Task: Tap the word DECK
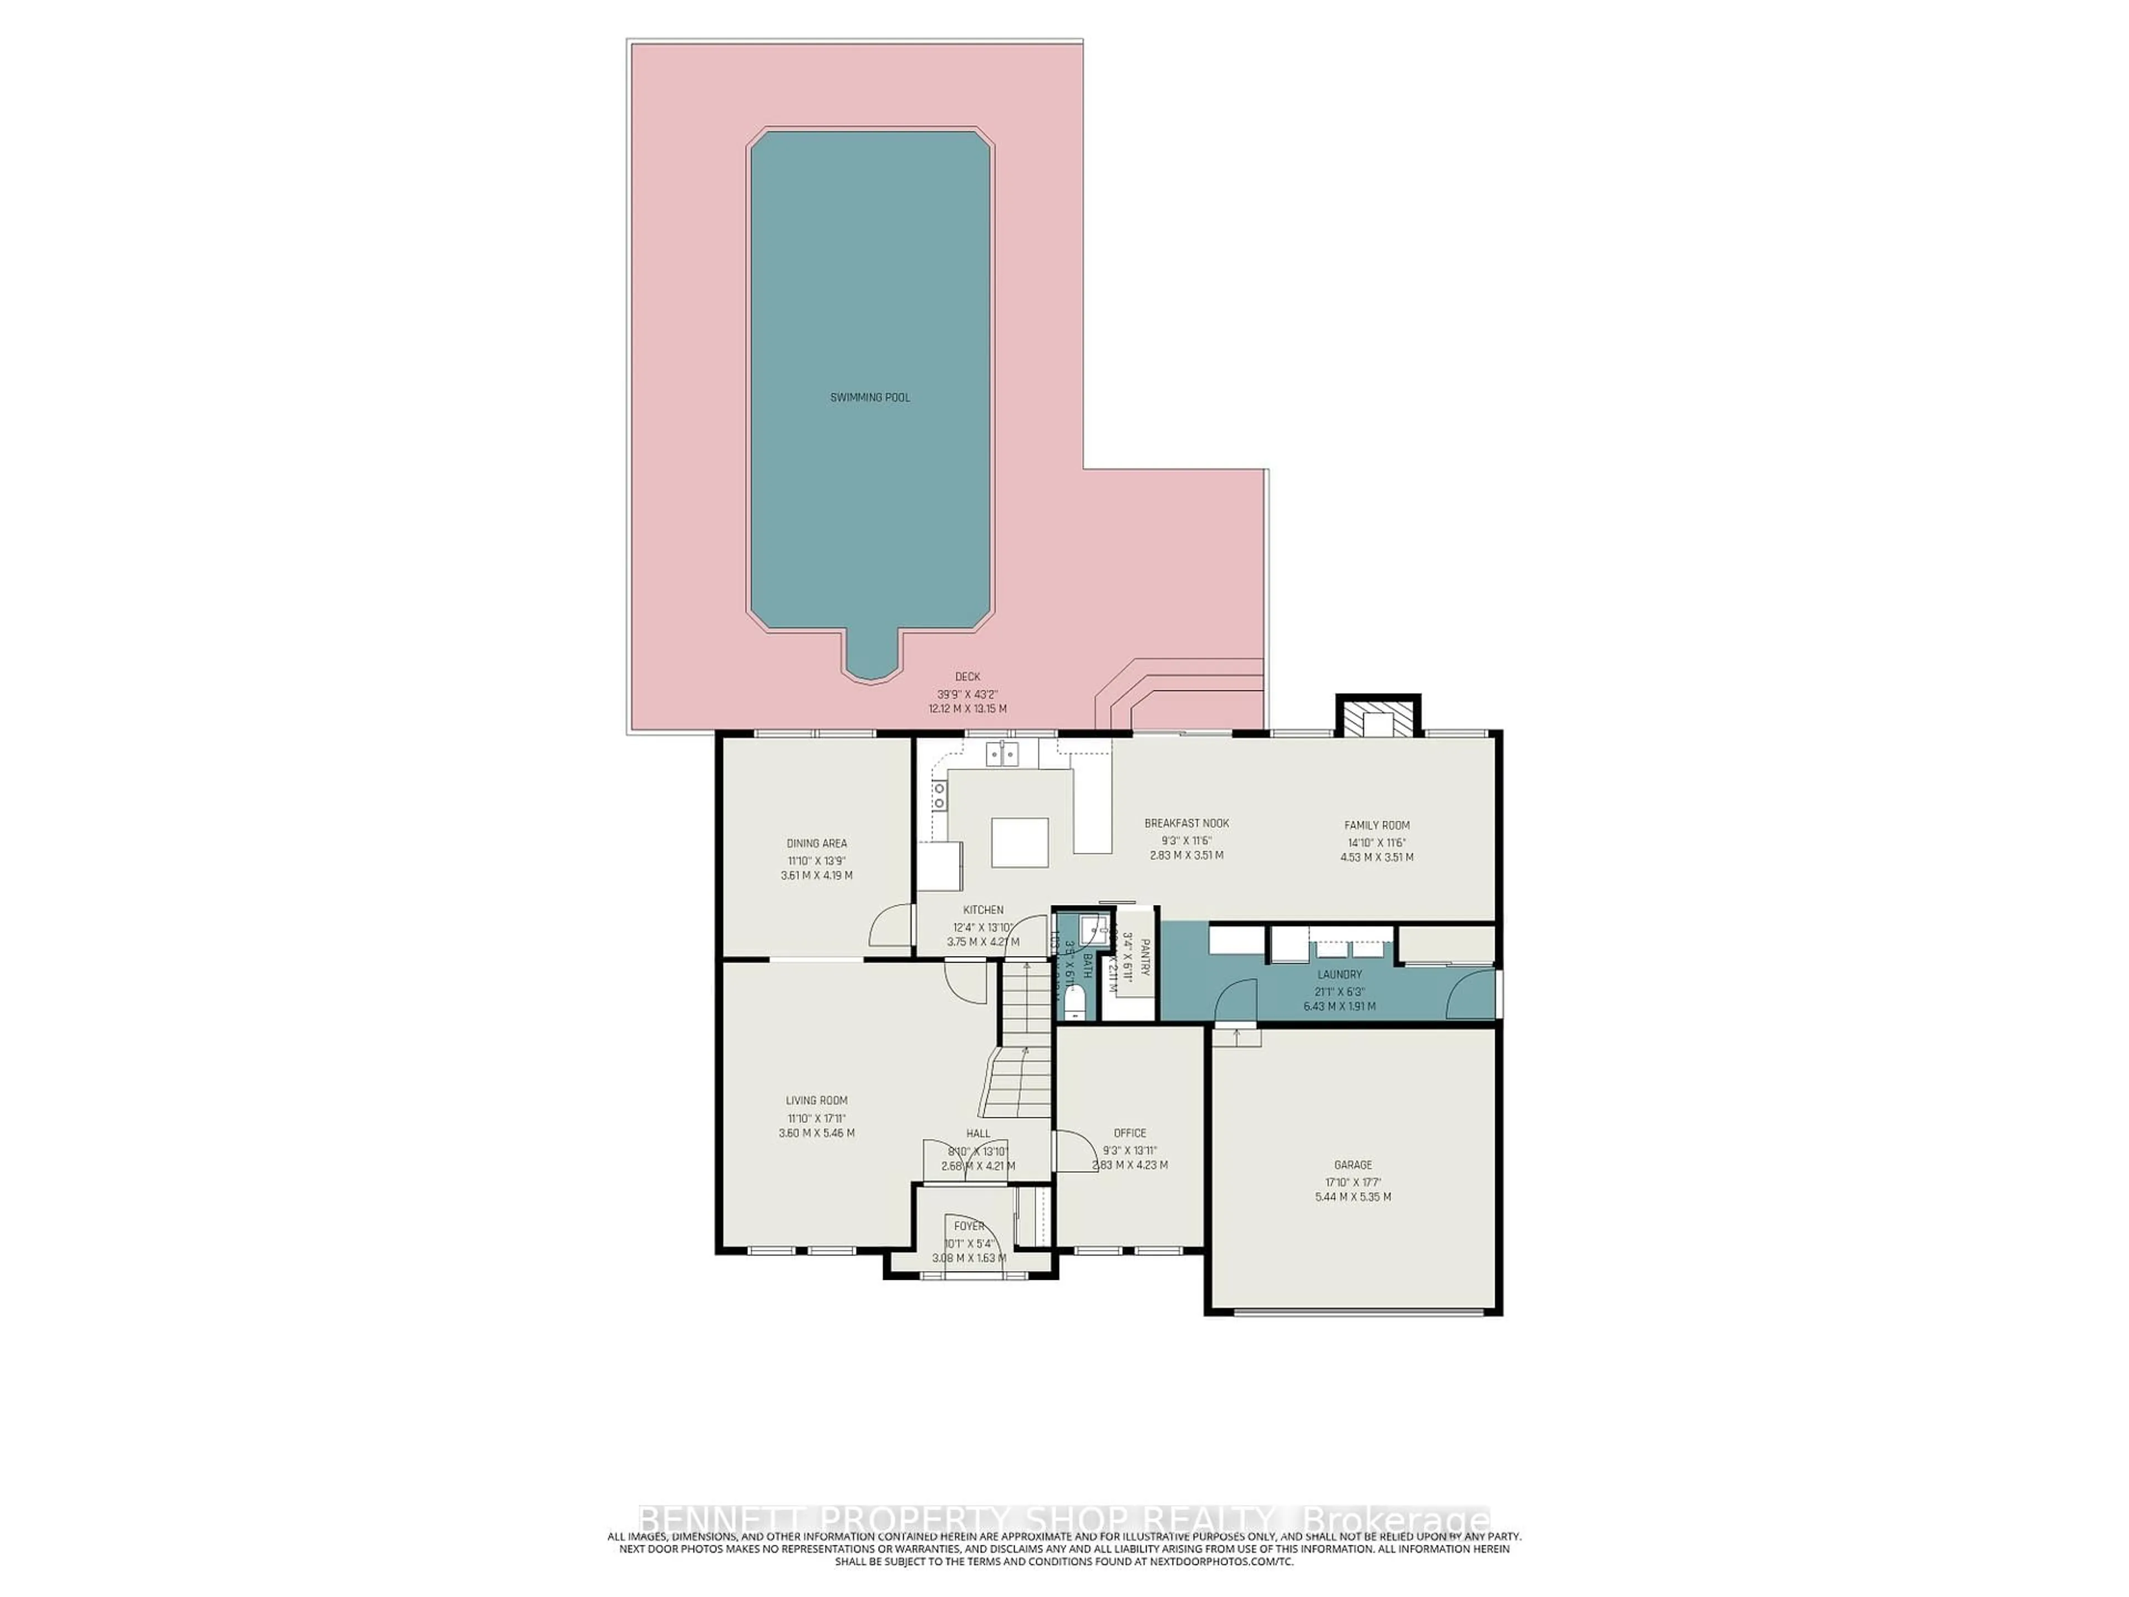click(967, 677)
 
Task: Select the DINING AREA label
click(816, 843)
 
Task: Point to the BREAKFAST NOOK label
click(1186, 823)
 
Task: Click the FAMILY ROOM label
click(1376, 825)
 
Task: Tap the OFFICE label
click(1130, 1133)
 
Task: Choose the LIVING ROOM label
click(816, 1100)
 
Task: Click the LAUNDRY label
click(1339, 974)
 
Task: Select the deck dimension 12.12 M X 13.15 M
click(967, 709)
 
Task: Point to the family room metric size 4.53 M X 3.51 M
click(1376, 857)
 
